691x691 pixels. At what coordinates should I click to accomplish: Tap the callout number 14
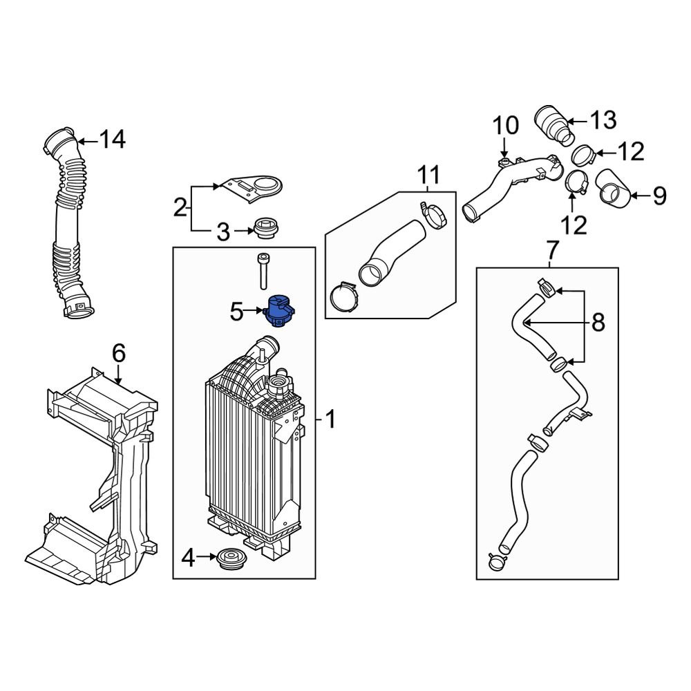click(x=112, y=140)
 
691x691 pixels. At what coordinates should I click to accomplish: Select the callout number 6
click(x=119, y=354)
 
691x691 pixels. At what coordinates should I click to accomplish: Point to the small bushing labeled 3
click(x=265, y=228)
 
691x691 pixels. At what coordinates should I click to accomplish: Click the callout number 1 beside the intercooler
click(x=330, y=418)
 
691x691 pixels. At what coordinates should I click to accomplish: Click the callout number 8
click(x=598, y=321)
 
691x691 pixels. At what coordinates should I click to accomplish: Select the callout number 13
click(x=603, y=120)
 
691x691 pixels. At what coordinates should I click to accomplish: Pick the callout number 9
click(x=659, y=197)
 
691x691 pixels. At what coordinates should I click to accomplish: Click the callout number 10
click(x=505, y=126)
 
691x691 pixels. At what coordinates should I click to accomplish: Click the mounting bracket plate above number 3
click(x=256, y=188)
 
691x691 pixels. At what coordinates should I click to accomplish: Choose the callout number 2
click(x=180, y=207)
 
